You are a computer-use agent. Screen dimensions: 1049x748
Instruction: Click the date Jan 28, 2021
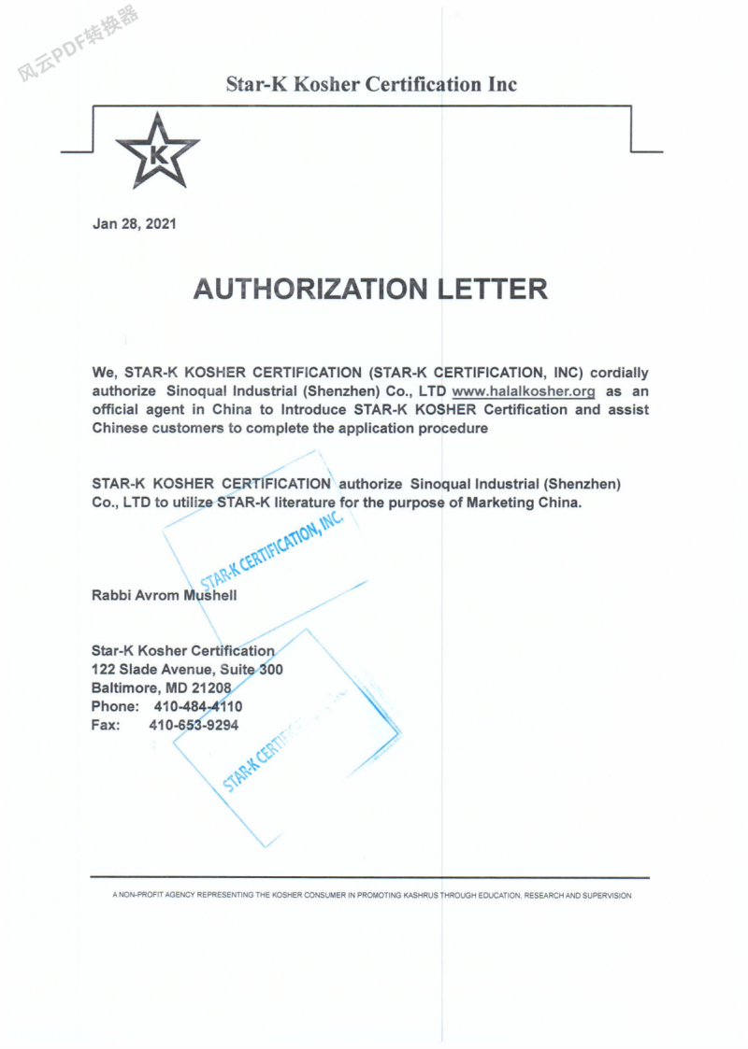pyautogui.click(x=134, y=224)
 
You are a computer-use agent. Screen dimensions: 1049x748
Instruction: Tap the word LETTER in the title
pyautogui.click(x=493, y=289)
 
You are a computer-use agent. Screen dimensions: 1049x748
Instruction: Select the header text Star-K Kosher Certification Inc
pyautogui.click(x=371, y=84)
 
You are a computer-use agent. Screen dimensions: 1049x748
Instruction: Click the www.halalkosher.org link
pyautogui.click(x=524, y=391)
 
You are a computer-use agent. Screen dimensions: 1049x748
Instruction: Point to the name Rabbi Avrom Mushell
pyautogui.click(x=164, y=595)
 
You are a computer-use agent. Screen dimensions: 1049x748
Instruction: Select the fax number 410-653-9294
pyautogui.click(x=194, y=725)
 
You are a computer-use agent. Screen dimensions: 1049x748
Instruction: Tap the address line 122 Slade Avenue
pyautogui.click(x=187, y=670)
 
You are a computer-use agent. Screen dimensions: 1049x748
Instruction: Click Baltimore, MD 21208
pyautogui.click(x=161, y=688)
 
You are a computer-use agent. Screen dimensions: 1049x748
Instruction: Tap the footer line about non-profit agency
pyautogui.click(x=371, y=895)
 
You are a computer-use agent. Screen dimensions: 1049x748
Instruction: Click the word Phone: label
pyautogui.click(x=115, y=706)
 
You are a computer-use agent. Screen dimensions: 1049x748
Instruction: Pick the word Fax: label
pyautogui.click(x=106, y=725)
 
